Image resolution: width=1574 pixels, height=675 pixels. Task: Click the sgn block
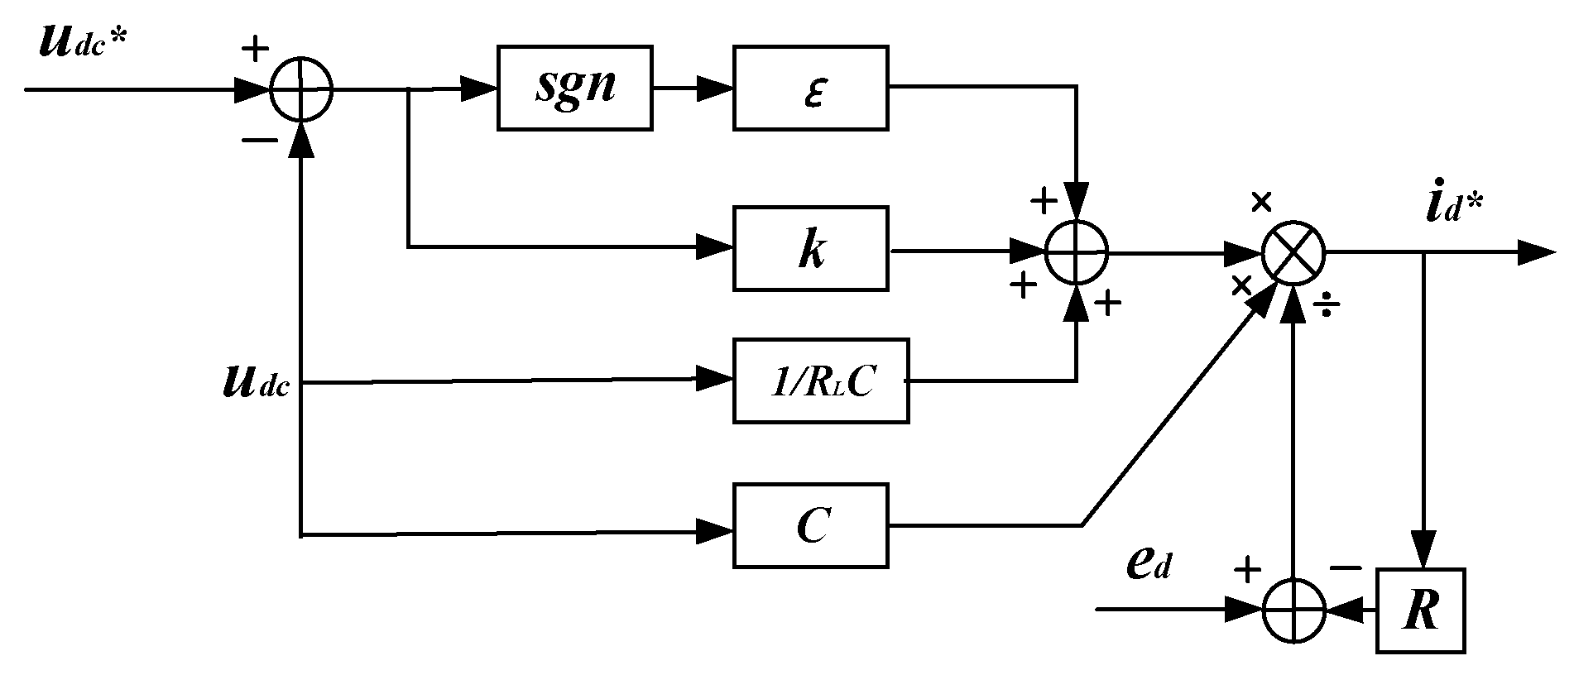pos(574,88)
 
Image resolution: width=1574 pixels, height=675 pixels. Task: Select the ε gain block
pos(810,88)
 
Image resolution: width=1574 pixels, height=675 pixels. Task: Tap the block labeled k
pos(810,250)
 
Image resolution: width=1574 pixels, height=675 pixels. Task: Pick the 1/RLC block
pos(820,381)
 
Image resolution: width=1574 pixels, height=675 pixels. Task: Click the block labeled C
pos(810,526)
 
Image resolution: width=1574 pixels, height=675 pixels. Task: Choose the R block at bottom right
pos(1420,611)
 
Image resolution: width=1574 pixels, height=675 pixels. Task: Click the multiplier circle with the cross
pos(1293,253)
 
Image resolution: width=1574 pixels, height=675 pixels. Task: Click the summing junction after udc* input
pos(301,89)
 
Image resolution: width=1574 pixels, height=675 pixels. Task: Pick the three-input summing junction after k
pos(1076,253)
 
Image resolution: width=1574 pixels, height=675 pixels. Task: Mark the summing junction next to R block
pos(1293,611)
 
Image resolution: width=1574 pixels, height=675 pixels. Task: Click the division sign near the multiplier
pos(1327,307)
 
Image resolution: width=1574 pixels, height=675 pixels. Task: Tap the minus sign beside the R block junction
pos(1346,567)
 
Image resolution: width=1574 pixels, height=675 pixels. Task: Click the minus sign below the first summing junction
pos(259,141)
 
